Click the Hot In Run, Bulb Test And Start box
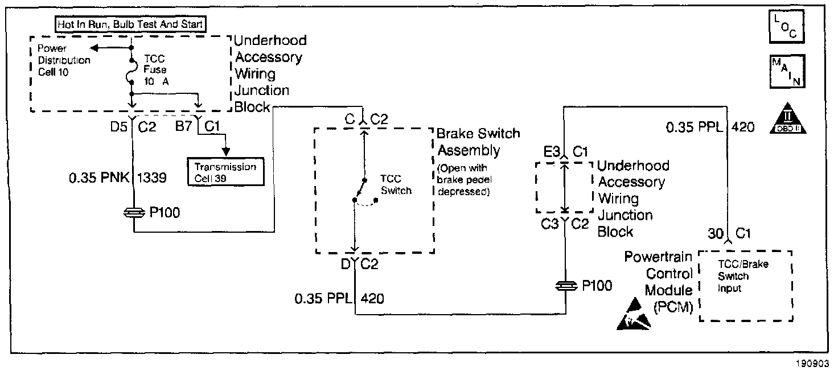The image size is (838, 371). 130,24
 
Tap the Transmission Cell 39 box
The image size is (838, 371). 225,172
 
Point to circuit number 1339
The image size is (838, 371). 151,179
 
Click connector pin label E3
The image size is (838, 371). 551,151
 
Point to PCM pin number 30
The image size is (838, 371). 715,233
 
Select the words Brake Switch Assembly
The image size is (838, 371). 478,142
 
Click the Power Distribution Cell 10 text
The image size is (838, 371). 60,60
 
